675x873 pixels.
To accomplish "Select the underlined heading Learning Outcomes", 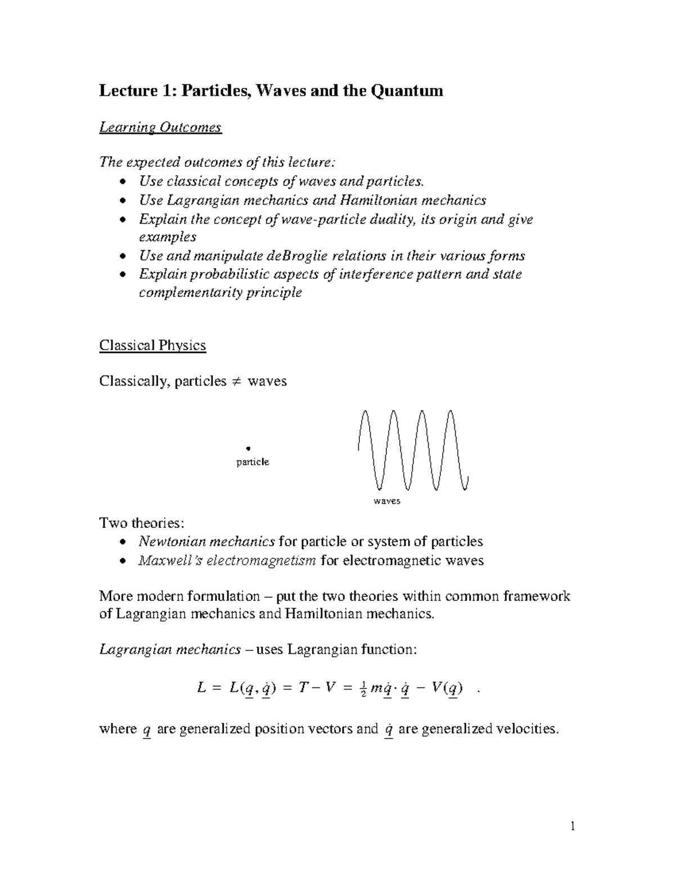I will pyautogui.click(x=160, y=128).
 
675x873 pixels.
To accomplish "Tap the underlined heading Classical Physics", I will pyautogui.click(x=152, y=345).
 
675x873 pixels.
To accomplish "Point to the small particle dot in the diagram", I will pyautogui.click(x=247, y=448).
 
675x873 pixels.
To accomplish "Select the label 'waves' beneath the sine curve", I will pyautogui.click(x=387, y=501).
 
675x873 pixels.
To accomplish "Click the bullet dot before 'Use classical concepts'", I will pyautogui.click(x=123, y=182).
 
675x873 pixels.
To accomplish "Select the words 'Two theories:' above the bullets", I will pyautogui.click(x=141, y=523).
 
